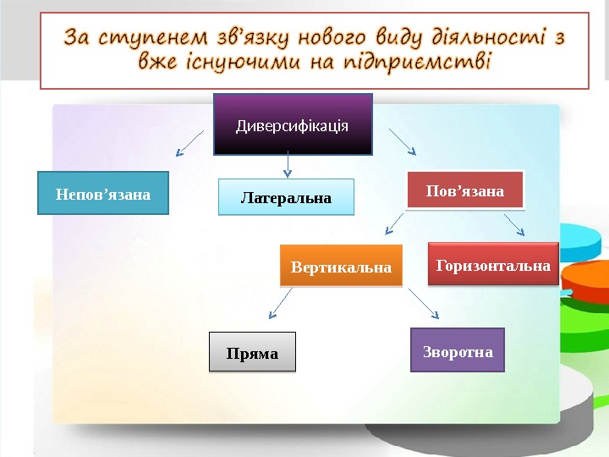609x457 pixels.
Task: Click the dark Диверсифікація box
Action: tap(293, 124)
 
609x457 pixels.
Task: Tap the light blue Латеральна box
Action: tap(286, 198)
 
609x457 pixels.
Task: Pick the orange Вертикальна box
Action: tap(342, 267)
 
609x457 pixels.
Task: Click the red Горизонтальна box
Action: tap(494, 266)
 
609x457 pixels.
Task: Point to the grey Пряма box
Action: tap(252, 352)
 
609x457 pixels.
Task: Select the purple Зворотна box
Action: tap(458, 350)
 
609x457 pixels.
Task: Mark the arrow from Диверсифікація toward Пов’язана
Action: tap(402, 141)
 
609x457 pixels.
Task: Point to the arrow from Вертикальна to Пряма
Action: tap(280, 302)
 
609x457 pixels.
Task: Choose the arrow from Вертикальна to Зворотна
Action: tap(424, 302)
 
